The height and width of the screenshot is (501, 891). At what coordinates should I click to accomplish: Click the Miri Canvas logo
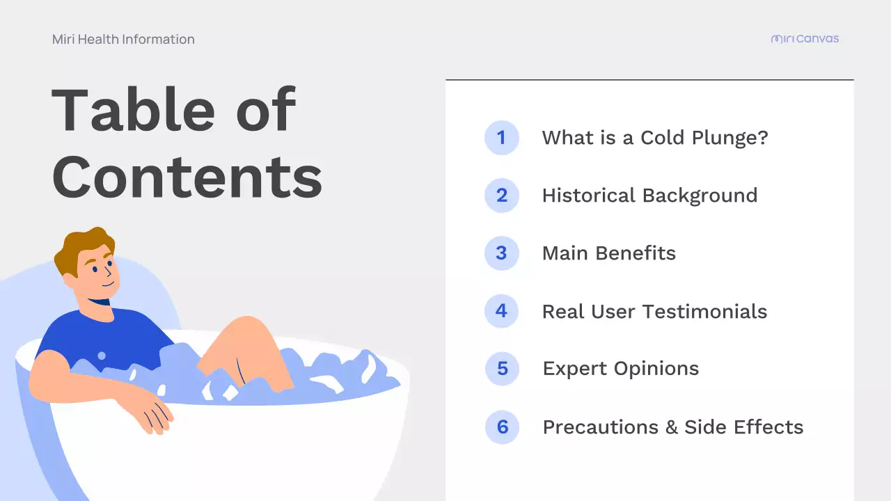(805, 39)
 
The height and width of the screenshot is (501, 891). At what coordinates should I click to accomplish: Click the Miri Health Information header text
(123, 40)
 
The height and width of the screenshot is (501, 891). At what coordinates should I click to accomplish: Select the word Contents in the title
(187, 176)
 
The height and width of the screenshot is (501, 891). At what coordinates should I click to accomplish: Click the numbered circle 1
(501, 138)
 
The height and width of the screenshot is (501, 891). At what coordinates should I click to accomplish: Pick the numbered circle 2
(501, 196)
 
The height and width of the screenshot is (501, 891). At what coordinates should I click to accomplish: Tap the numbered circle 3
(501, 253)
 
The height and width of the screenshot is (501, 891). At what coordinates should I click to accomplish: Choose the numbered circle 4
(501, 311)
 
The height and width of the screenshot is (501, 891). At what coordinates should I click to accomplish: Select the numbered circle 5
(502, 369)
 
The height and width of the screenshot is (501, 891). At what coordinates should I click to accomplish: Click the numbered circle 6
(502, 427)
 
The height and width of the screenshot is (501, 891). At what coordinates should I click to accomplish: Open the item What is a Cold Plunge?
(655, 138)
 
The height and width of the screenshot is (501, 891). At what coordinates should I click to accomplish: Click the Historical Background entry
(649, 196)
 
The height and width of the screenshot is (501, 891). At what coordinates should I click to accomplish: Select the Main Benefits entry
(609, 253)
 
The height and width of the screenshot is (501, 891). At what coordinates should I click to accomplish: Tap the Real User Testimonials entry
(654, 311)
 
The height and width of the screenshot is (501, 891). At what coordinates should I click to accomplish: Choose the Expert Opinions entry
(621, 369)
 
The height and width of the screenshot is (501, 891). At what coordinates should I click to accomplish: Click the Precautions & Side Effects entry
(673, 427)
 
